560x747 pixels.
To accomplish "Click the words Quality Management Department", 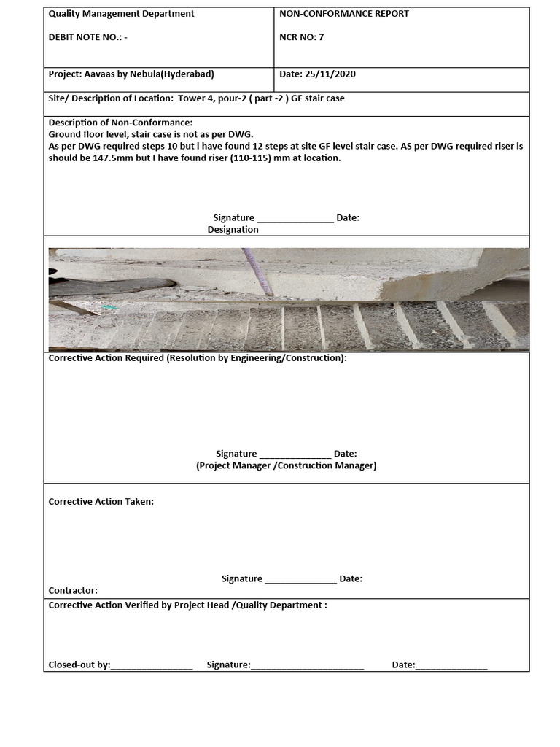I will tap(121, 14).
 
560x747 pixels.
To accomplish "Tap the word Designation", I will tap(233, 230).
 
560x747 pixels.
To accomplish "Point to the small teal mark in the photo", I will tap(109, 308).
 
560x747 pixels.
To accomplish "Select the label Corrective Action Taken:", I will tap(101, 502).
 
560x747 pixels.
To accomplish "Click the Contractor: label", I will tap(73, 591).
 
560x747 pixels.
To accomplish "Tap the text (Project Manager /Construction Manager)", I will tap(286, 465).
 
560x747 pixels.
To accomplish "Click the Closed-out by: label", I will tap(79, 665).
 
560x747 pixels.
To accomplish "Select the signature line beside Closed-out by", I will tap(307, 667).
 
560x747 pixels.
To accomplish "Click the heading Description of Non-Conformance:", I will tap(120, 123).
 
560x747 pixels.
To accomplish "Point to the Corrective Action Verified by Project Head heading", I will tap(187, 605).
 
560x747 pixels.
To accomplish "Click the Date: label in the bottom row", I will tap(403, 665).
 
